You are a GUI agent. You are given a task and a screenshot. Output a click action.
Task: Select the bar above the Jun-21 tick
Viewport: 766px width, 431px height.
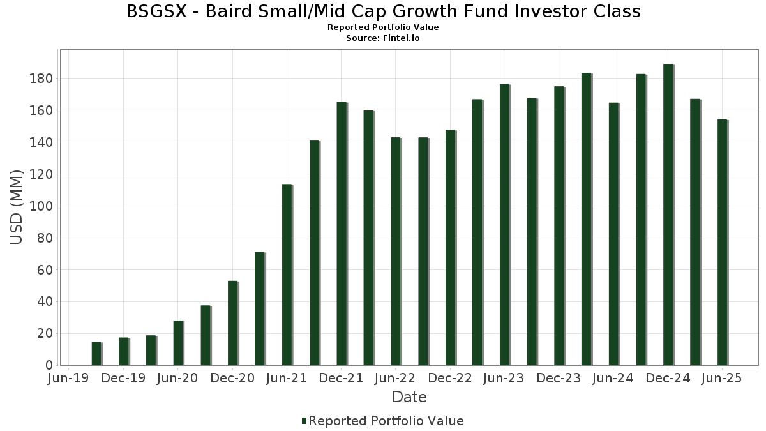[287, 275]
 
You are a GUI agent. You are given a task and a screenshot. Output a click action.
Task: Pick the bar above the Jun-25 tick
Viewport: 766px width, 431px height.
[723, 242]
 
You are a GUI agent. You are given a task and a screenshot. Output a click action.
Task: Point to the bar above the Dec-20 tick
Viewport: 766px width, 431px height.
[232, 322]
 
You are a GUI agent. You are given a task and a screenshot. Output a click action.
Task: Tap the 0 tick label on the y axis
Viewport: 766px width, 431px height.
[49, 365]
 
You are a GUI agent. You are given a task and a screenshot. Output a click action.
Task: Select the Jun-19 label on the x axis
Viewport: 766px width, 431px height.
[69, 379]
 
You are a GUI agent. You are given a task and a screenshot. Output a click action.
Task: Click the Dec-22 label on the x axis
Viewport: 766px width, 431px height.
[450, 379]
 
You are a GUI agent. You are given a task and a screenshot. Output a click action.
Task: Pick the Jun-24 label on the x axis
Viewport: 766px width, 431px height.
[613, 379]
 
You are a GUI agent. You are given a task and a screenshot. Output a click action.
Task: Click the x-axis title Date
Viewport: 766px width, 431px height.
[409, 397]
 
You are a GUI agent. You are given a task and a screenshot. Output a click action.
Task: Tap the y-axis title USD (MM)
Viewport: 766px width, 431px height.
[17, 207]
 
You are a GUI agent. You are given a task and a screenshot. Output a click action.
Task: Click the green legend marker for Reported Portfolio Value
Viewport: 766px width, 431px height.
[304, 421]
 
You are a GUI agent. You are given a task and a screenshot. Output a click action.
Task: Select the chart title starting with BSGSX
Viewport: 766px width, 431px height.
[383, 11]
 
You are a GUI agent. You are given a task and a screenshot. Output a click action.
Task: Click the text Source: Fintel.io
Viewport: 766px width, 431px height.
[383, 38]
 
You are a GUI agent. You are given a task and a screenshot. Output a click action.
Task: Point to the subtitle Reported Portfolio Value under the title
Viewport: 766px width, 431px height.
[383, 27]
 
